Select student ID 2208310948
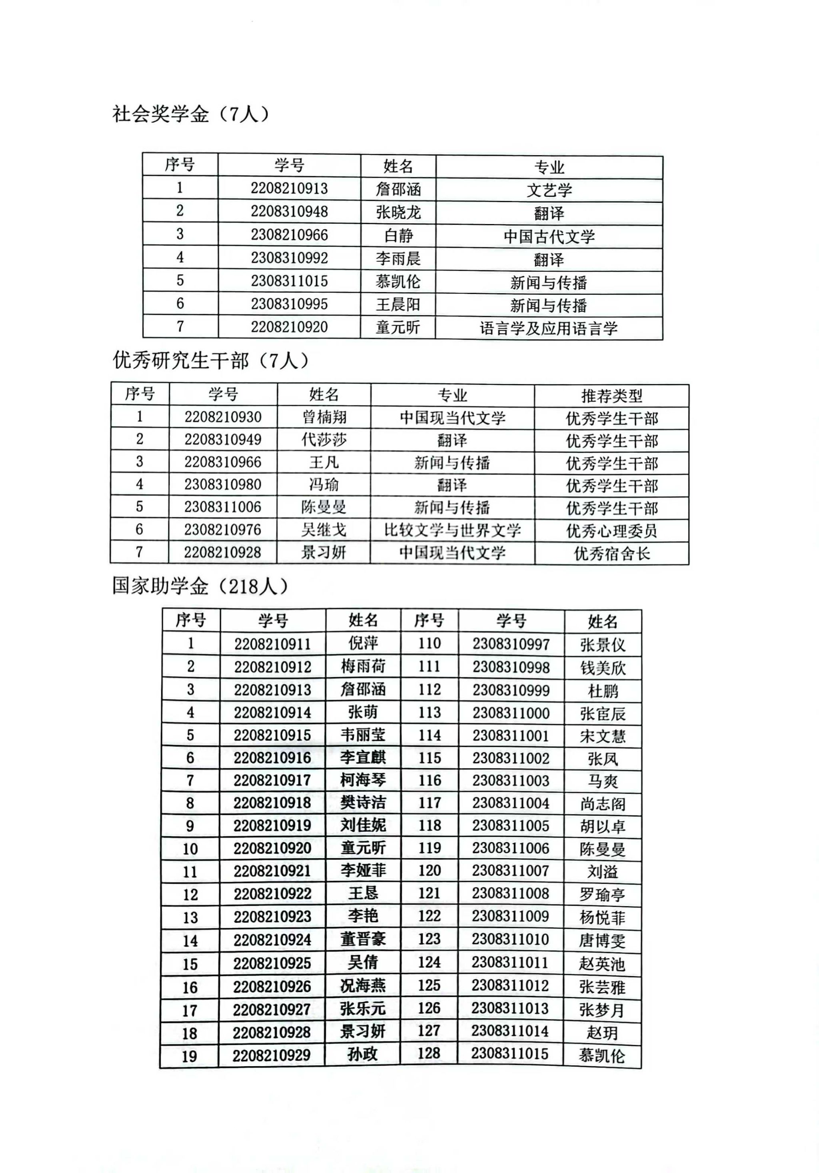289,212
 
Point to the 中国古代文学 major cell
549,236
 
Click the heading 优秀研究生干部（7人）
210,361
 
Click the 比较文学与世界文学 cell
452,530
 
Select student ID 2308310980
223,484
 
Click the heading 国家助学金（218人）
200,586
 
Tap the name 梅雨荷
363,666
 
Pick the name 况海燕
363,985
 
